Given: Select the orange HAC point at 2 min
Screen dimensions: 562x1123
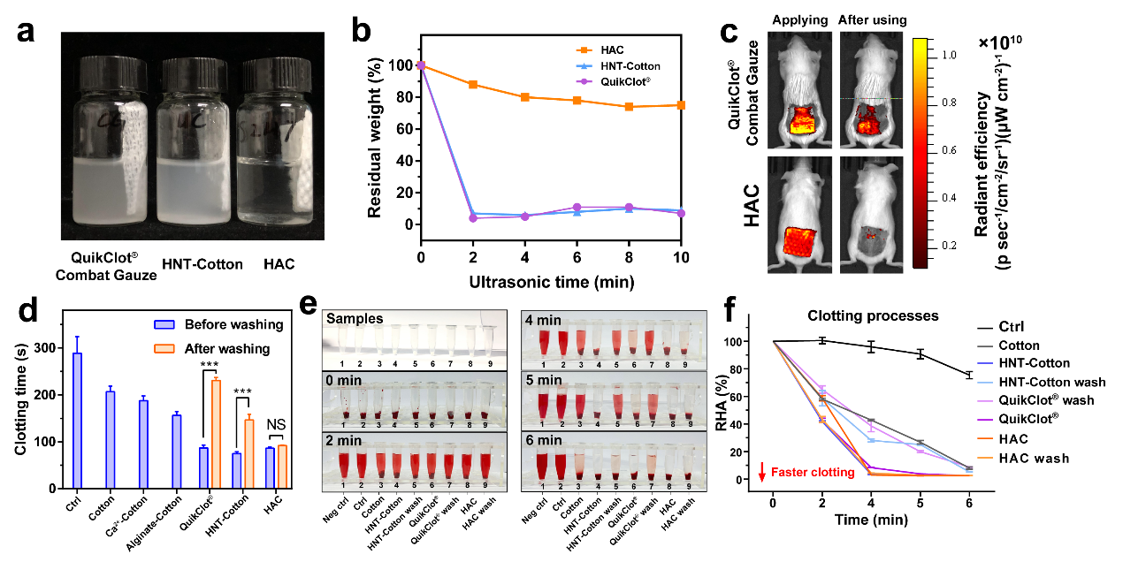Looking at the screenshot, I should coord(473,85).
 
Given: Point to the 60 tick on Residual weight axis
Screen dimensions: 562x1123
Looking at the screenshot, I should coord(406,129).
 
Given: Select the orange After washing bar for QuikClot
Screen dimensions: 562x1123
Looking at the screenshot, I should coord(215,434).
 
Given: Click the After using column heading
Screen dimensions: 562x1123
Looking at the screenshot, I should coord(871,20).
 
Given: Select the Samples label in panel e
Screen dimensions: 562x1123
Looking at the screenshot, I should coord(352,319).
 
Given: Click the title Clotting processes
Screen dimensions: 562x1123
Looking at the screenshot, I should coord(859,316).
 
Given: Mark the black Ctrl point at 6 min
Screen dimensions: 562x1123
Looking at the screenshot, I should coord(968,376).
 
